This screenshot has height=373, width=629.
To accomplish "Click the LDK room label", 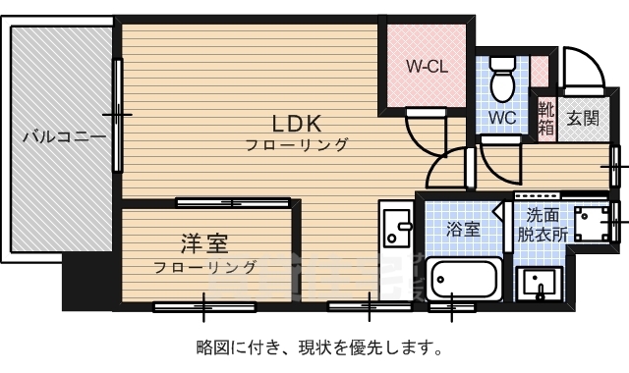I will [297, 124].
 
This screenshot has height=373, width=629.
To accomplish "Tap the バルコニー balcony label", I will [64, 136].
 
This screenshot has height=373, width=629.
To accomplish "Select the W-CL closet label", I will [428, 68].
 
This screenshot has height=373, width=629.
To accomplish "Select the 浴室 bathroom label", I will [463, 229].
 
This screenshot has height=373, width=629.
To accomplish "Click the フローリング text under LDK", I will [298, 145].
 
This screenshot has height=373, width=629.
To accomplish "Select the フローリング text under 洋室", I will [206, 267].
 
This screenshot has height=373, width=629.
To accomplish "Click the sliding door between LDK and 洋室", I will [234, 203].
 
